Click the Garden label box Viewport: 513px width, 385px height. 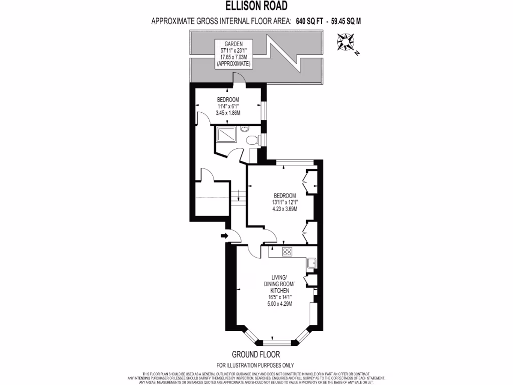coord(234,55)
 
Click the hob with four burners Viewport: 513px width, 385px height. coord(288,252)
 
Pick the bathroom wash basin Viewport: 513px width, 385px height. coord(244,129)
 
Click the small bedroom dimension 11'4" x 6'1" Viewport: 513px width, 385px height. coord(228,106)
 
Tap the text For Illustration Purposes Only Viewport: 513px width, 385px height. coord(255,365)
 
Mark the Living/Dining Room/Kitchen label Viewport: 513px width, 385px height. coord(279,284)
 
